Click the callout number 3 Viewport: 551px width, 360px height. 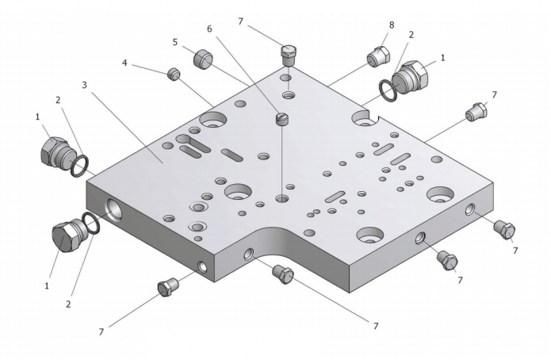(x=84, y=85)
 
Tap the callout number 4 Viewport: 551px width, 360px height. (x=124, y=63)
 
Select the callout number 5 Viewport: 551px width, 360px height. (x=175, y=42)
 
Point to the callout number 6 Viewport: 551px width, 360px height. (x=209, y=29)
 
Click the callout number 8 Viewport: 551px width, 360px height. (x=392, y=25)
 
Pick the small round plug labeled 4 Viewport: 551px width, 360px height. (x=174, y=74)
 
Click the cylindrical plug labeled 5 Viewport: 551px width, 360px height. (x=203, y=59)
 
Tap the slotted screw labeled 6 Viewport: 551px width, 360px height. (x=282, y=119)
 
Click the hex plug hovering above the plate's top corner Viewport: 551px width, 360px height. (x=289, y=54)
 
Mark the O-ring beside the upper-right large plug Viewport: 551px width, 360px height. (x=388, y=90)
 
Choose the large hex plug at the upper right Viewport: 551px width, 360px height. (x=411, y=75)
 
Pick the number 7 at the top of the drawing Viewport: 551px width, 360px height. (x=241, y=21)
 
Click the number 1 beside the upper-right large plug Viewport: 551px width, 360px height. (x=442, y=57)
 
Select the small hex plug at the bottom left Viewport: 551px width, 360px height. (x=167, y=286)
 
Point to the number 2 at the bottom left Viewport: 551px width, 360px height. (x=68, y=304)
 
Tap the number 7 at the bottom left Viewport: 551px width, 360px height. (x=101, y=332)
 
